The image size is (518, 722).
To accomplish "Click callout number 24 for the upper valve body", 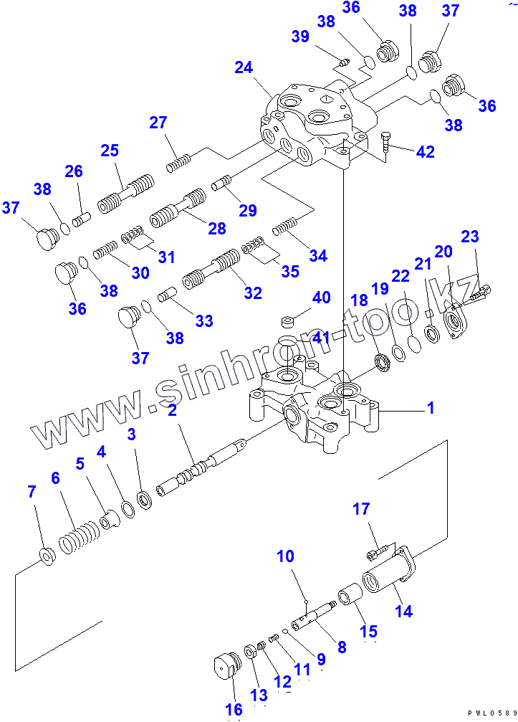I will pyautogui.click(x=244, y=68).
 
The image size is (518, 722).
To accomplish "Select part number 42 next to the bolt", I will pyautogui.click(x=426, y=151).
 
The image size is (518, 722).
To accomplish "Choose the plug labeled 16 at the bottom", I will pyautogui.click(x=226, y=666).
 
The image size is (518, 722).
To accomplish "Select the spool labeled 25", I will pyautogui.click(x=126, y=192).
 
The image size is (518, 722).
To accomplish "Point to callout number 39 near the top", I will pyautogui.click(x=300, y=37).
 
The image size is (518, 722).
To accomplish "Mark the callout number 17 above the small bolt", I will pyautogui.click(x=361, y=510).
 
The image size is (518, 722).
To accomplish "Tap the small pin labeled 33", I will pyautogui.click(x=168, y=295).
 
